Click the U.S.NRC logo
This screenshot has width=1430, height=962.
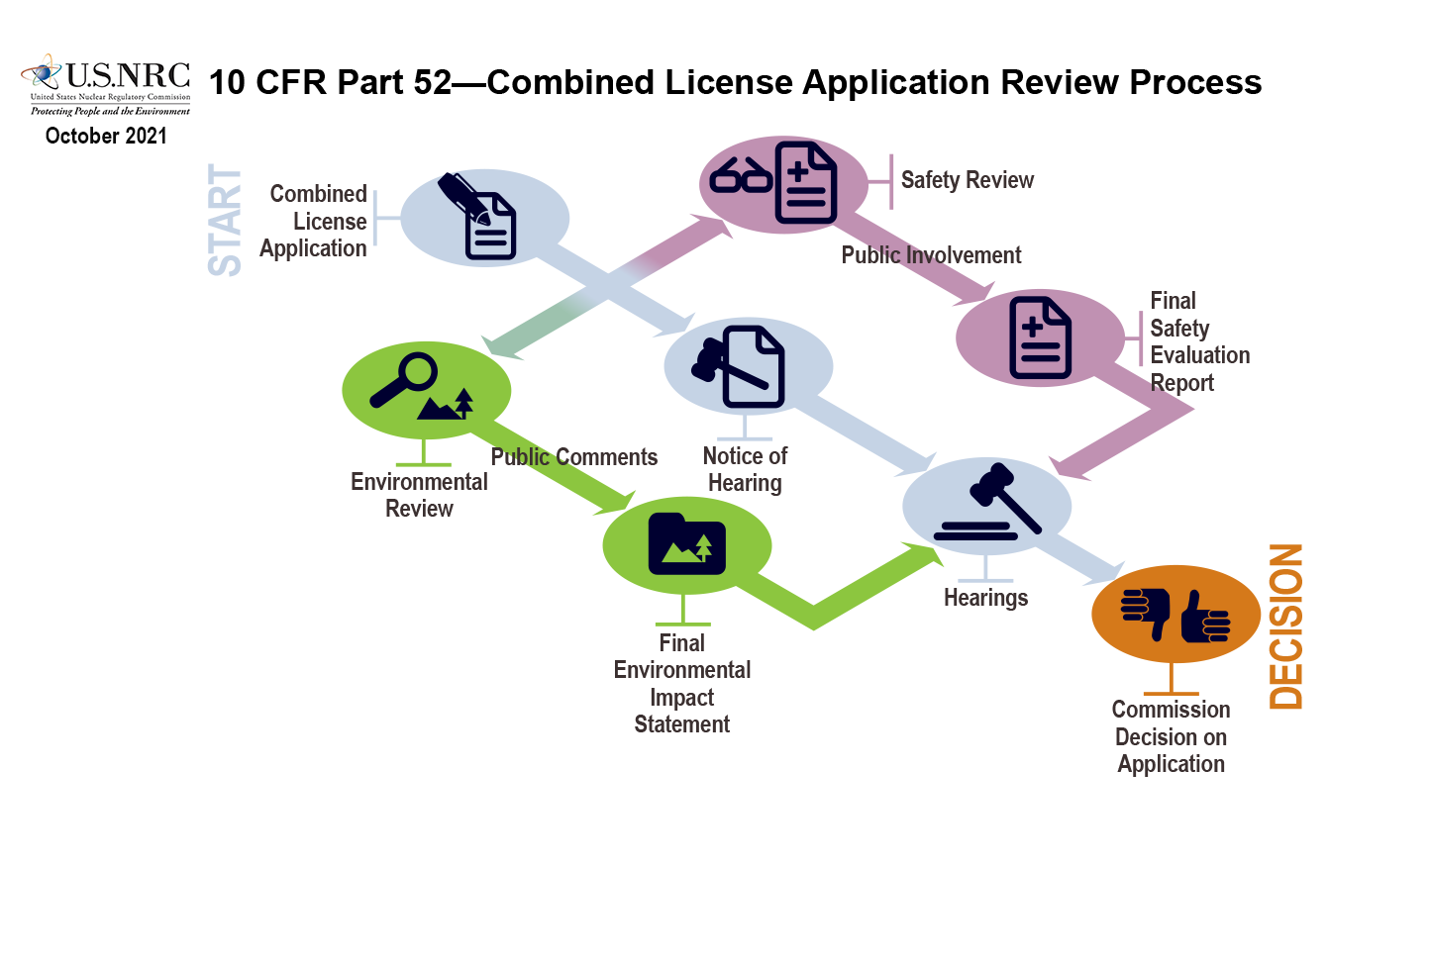[x=105, y=85]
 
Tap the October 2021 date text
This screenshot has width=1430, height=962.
[x=106, y=137]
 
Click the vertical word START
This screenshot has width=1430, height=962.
[x=226, y=220]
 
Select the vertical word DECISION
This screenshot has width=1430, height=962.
[x=1286, y=625]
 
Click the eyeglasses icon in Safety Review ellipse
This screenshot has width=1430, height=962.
[x=741, y=176]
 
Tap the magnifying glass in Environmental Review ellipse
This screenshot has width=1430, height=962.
[x=404, y=379]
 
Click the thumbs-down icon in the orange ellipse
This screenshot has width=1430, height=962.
[x=1146, y=613]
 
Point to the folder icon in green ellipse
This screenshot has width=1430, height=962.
[x=686, y=543]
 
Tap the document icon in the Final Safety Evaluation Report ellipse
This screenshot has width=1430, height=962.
[x=1040, y=337]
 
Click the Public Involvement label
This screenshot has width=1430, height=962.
[x=931, y=255]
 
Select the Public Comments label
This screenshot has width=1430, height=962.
[x=574, y=457]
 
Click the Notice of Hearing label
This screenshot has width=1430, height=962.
[x=745, y=469]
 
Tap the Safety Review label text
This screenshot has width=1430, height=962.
[x=967, y=180]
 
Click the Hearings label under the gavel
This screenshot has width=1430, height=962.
[x=985, y=598]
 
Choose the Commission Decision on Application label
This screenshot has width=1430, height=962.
[x=1171, y=736]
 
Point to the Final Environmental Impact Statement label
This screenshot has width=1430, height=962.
[x=682, y=683]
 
